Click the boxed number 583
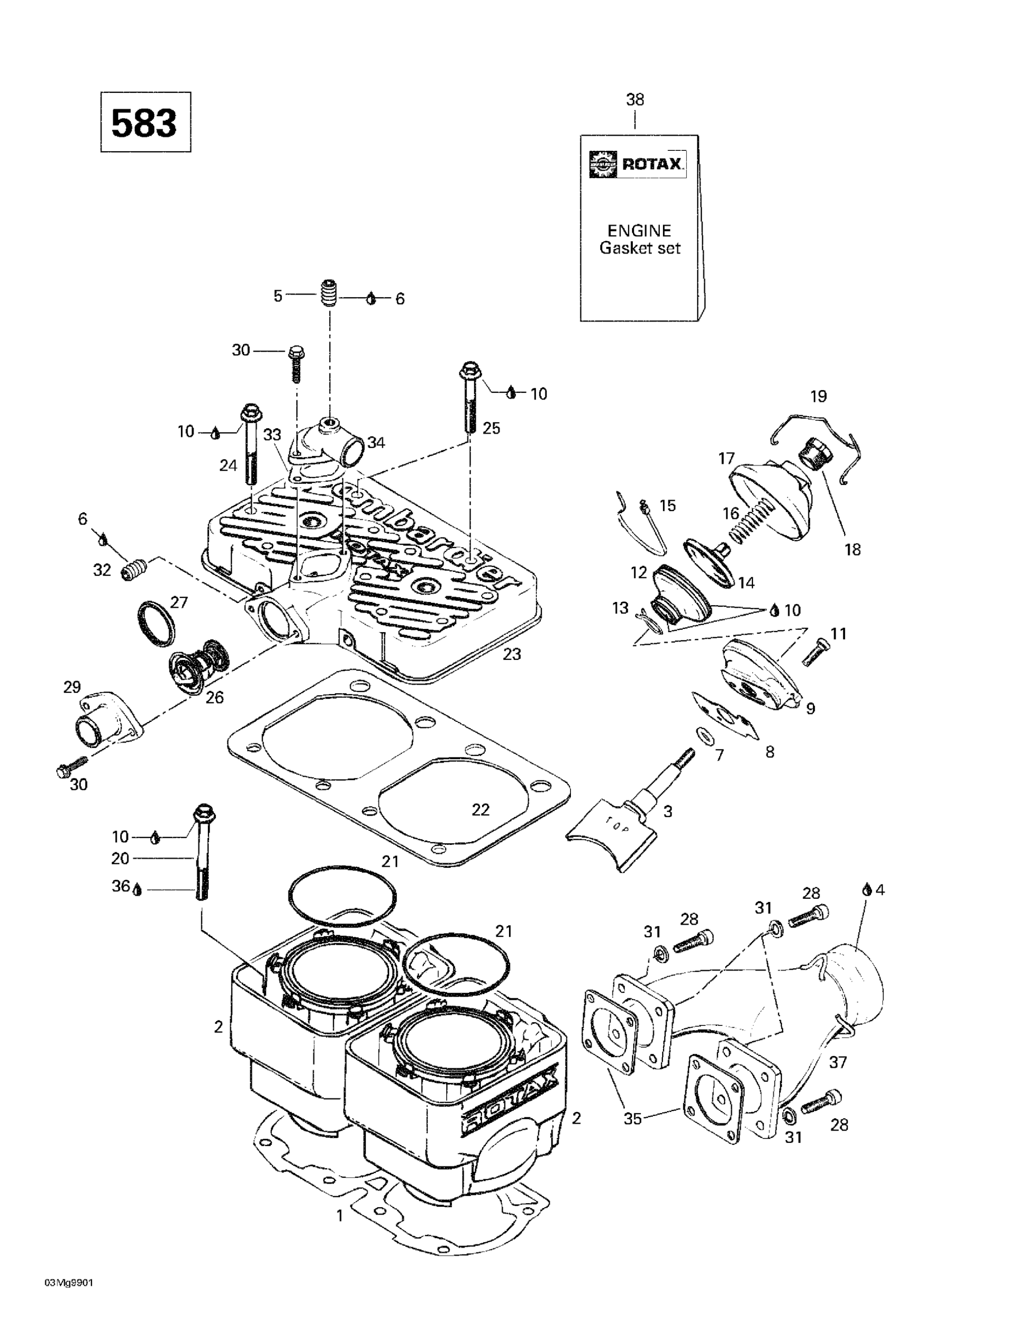[145, 122]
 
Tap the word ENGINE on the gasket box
[639, 230]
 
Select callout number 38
[635, 100]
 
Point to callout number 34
[376, 442]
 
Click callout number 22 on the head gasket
[480, 810]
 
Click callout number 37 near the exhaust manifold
[838, 1062]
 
